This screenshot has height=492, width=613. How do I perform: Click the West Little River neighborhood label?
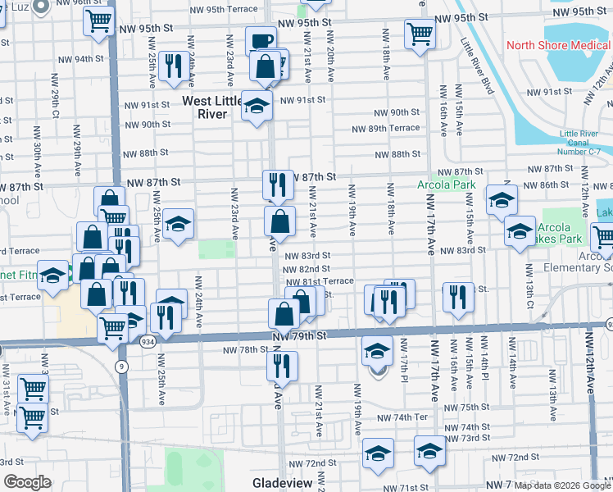click(x=211, y=107)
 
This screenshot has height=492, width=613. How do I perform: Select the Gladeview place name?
click(x=281, y=483)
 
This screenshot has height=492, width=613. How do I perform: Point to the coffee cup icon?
click(x=261, y=41)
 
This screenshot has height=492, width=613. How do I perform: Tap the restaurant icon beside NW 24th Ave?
click(x=173, y=66)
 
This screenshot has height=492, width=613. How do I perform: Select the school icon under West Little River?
click(x=257, y=107)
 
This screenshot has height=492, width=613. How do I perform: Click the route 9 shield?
click(x=121, y=367)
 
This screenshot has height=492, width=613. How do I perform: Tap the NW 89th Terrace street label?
click(x=385, y=129)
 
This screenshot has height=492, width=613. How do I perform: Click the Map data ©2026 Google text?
click(x=561, y=485)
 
